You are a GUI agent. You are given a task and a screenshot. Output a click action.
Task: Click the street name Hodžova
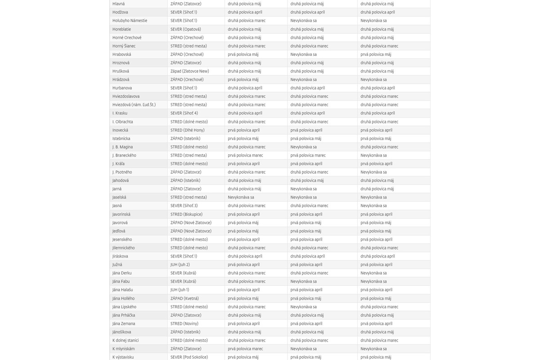tap(120, 12)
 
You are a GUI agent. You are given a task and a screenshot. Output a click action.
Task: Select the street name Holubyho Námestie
tap(130, 21)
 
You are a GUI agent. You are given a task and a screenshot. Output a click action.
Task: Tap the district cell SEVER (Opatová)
tap(185, 29)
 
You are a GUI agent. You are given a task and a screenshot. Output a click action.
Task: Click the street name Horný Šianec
tap(124, 46)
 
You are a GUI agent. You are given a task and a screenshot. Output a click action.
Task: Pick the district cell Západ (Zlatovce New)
tap(189, 71)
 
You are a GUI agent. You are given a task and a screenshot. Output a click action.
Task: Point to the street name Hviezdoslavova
tap(126, 96)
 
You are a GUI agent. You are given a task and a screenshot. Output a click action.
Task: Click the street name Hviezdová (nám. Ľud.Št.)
tap(134, 105)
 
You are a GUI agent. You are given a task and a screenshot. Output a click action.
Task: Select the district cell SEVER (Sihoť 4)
tap(184, 113)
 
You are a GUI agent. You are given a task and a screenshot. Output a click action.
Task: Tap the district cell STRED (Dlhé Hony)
tap(187, 130)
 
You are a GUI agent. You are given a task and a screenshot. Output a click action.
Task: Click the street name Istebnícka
tap(121, 139)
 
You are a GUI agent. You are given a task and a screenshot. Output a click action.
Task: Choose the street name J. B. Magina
tap(122, 147)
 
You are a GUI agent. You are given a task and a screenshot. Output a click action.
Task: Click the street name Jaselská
tap(119, 197)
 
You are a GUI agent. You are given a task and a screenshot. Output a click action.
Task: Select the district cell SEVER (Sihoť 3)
tap(184, 206)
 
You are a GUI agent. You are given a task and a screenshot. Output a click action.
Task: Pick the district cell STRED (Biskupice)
tap(186, 214)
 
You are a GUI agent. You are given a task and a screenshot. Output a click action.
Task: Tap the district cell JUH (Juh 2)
tap(180, 265)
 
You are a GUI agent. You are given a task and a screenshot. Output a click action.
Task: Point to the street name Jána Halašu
tap(122, 290)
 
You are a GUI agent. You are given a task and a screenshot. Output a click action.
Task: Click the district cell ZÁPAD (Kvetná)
tap(184, 298)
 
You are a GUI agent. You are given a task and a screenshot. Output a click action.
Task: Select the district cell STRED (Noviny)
tap(184, 324)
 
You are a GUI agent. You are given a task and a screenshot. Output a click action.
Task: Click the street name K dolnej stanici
tap(126, 340)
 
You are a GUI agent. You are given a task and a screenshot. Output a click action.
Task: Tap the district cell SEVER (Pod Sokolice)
tap(189, 357)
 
